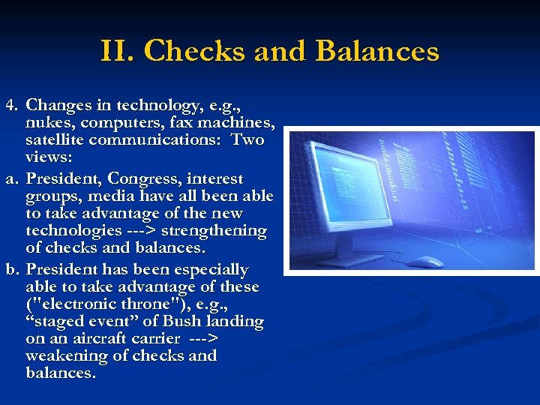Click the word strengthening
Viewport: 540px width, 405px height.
(215, 231)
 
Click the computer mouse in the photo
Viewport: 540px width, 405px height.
(424, 261)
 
